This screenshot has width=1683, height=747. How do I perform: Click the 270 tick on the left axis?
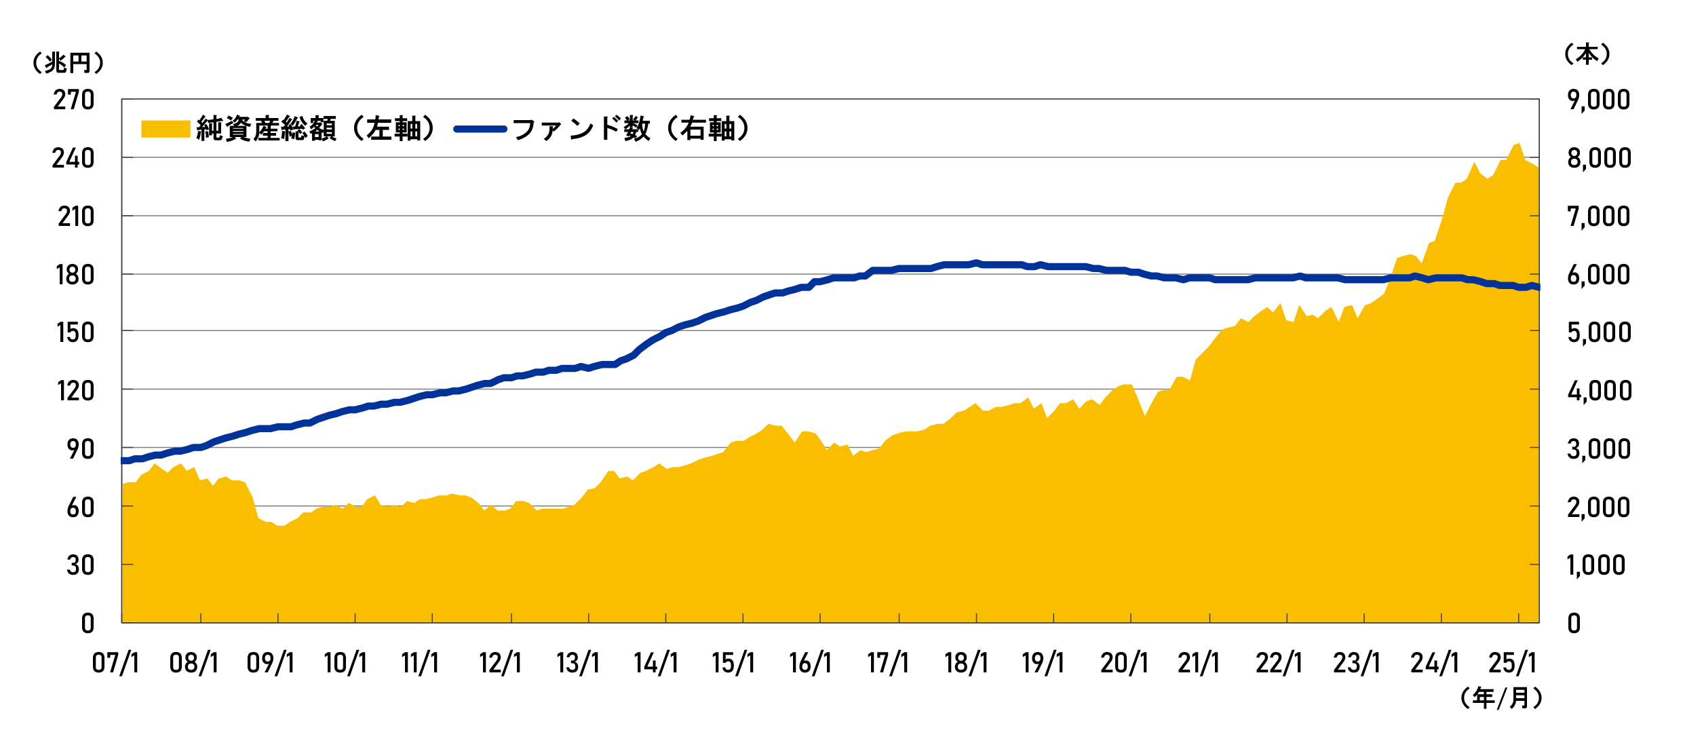[73, 100]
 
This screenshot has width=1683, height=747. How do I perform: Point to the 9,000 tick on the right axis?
[1598, 100]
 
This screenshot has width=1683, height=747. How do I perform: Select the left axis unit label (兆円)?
[68, 63]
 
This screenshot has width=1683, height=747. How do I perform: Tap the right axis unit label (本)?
[1587, 54]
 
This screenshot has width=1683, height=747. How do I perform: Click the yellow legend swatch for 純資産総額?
[165, 129]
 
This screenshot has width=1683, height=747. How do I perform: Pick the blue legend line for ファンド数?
[480, 129]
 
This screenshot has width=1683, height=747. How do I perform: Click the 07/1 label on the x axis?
[115, 663]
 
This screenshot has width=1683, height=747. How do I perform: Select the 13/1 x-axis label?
[578, 663]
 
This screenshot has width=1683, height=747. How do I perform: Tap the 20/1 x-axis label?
[1123, 663]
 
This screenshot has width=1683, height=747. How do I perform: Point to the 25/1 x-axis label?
[1512, 663]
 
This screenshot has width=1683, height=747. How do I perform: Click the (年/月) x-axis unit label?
[1501, 698]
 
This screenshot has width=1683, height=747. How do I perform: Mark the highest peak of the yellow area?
[1518, 144]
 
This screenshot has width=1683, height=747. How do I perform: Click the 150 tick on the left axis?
[75, 333]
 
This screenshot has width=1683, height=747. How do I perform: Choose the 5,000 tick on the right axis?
[1598, 332]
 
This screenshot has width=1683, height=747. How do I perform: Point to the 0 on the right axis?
[1574, 624]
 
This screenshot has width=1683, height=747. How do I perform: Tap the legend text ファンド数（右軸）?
[632, 129]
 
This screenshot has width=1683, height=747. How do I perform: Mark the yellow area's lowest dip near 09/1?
[280, 526]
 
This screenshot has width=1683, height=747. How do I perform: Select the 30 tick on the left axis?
[80, 565]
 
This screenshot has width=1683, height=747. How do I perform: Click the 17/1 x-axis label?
[887, 663]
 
